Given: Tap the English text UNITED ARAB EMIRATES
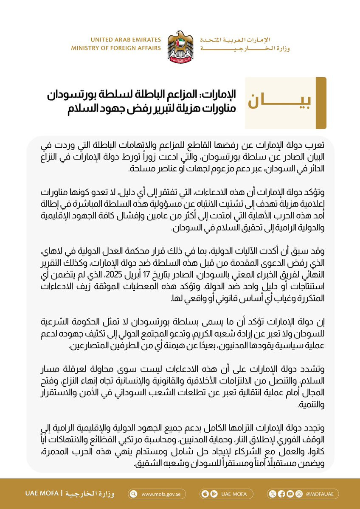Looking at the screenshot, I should pos(126,40).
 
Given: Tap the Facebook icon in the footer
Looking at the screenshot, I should pos(281,494).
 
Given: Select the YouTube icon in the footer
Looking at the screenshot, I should pos(290,494).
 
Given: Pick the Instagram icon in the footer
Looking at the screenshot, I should pos(299,494).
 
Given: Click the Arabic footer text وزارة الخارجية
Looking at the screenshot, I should pos(96,494).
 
